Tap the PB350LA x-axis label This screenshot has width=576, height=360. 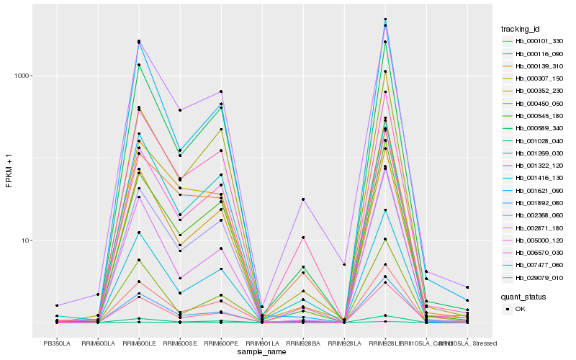(x=57, y=343)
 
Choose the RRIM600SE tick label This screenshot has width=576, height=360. (x=180, y=343)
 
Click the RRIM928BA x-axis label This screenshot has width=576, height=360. (x=303, y=343)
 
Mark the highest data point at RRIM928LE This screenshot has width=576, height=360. (x=385, y=19)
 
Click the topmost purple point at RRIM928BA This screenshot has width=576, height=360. (x=303, y=199)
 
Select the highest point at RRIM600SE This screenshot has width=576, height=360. (x=180, y=110)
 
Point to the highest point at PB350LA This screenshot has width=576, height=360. (x=57, y=305)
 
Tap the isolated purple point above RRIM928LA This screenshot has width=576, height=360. (x=344, y=265)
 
